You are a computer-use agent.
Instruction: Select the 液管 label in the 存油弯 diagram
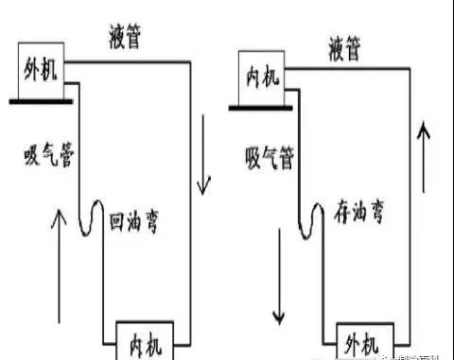(348, 45)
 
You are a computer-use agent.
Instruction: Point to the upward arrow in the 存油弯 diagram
(425, 156)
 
